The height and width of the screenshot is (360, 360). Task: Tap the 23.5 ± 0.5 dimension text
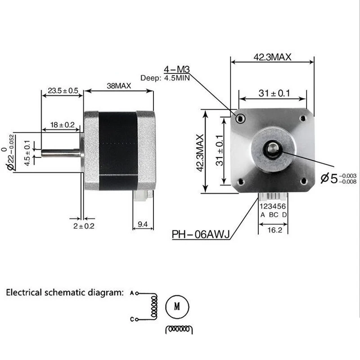tap(63, 91)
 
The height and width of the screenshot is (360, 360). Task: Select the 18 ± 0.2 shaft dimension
tap(63, 125)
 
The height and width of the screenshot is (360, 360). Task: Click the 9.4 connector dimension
tap(143, 224)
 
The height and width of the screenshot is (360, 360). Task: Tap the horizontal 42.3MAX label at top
tap(272, 57)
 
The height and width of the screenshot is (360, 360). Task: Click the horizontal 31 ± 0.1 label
tap(274, 93)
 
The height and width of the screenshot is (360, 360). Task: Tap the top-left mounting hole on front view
tap(241, 119)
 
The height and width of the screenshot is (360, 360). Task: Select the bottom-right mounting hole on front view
tap(303, 181)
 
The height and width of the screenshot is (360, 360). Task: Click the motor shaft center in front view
tap(273, 148)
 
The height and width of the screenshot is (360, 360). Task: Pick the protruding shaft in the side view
tap(60, 152)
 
